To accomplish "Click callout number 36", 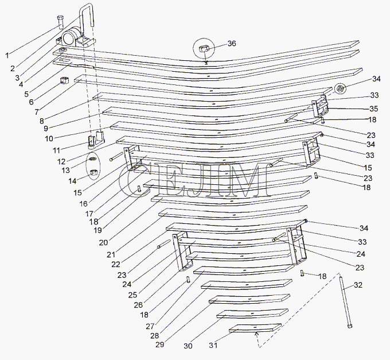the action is pyautogui.click(x=232, y=43).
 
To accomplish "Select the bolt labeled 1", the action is pyautogui.click(x=60, y=22).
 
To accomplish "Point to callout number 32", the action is pyautogui.click(x=358, y=285).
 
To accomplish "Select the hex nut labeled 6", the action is pyautogui.click(x=65, y=80).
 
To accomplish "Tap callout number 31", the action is pyautogui.click(x=213, y=345).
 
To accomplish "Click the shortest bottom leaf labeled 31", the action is pyautogui.click(x=255, y=328).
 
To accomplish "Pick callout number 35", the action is pyautogui.click(x=373, y=109).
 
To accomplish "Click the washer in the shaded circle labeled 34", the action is pyautogui.click(x=339, y=88).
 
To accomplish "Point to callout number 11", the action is pyautogui.click(x=56, y=150).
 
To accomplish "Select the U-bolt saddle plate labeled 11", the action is pyautogui.click(x=96, y=140).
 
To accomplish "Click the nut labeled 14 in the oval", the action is pyautogui.click(x=93, y=172).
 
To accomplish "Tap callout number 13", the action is pyautogui.click(x=65, y=171).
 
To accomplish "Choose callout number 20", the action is pyautogui.click(x=103, y=242).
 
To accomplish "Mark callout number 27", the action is pyautogui.click(x=150, y=326).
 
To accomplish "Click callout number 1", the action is pyautogui.click(x=7, y=55).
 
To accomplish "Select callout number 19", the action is pyautogui.click(x=97, y=230).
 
